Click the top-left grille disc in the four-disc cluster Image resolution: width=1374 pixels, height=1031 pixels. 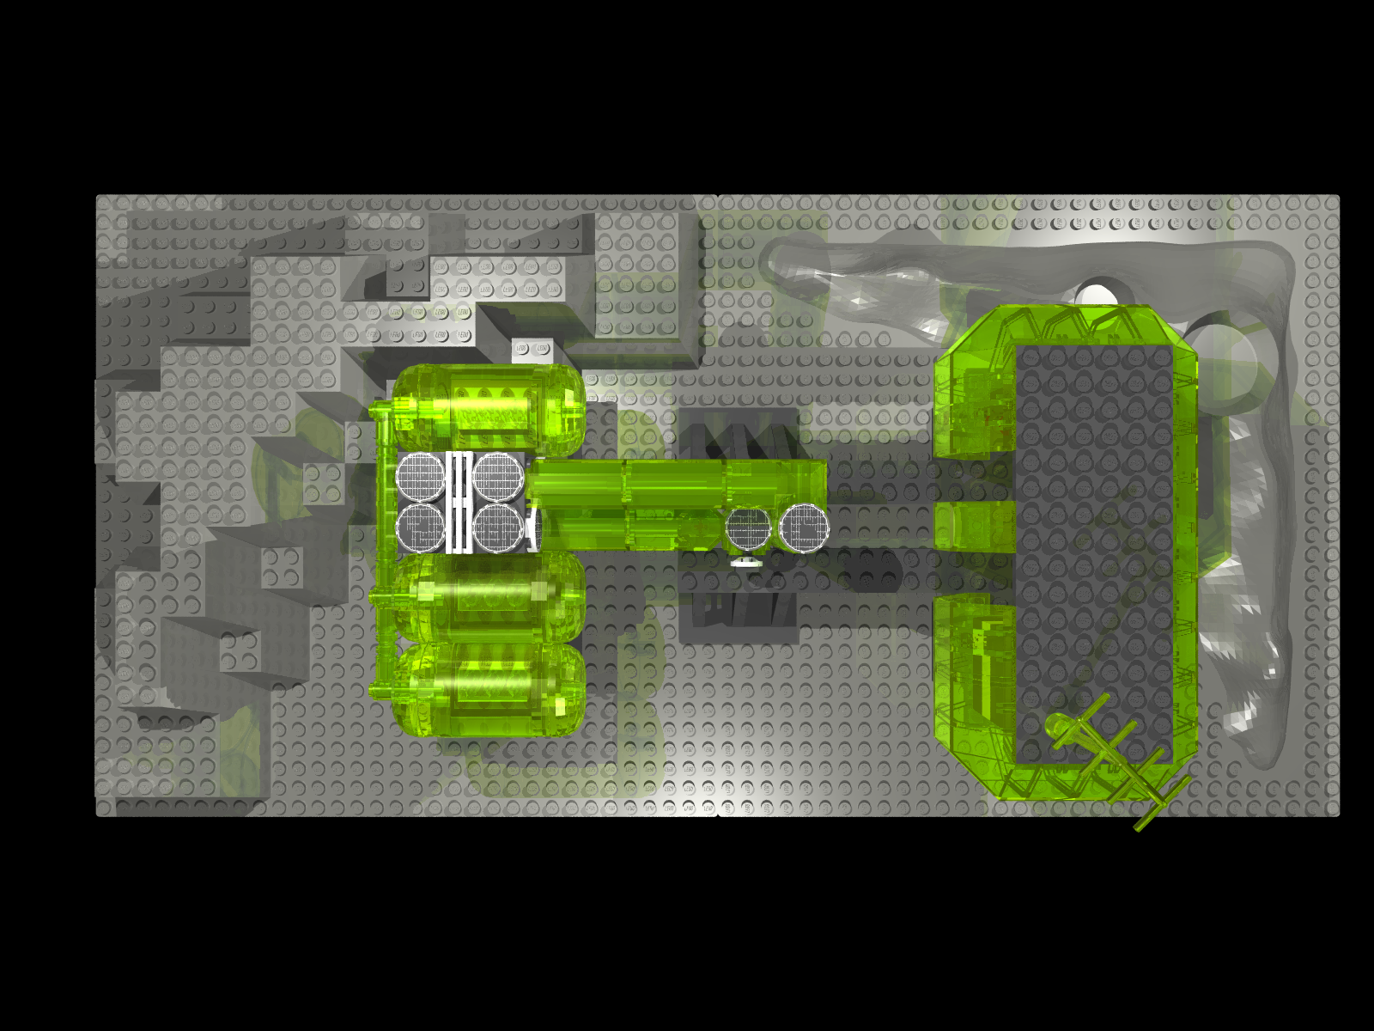pos(420,476)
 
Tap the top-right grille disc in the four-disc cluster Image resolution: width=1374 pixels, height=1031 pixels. pos(498,476)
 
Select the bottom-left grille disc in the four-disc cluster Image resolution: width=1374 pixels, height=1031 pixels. pos(421,527)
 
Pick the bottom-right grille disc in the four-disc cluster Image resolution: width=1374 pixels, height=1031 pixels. pos(498,527)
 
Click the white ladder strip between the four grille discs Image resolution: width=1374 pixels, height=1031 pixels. pos(459,501)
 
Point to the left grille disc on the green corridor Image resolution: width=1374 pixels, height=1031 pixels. pos(749,528)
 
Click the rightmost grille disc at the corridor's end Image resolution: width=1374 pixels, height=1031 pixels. pos(805,527)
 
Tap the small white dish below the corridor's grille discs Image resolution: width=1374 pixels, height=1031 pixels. pos(746,563)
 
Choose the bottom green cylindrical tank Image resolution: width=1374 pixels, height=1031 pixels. pos(488,690)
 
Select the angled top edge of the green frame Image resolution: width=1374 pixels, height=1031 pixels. pos(1065,321)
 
